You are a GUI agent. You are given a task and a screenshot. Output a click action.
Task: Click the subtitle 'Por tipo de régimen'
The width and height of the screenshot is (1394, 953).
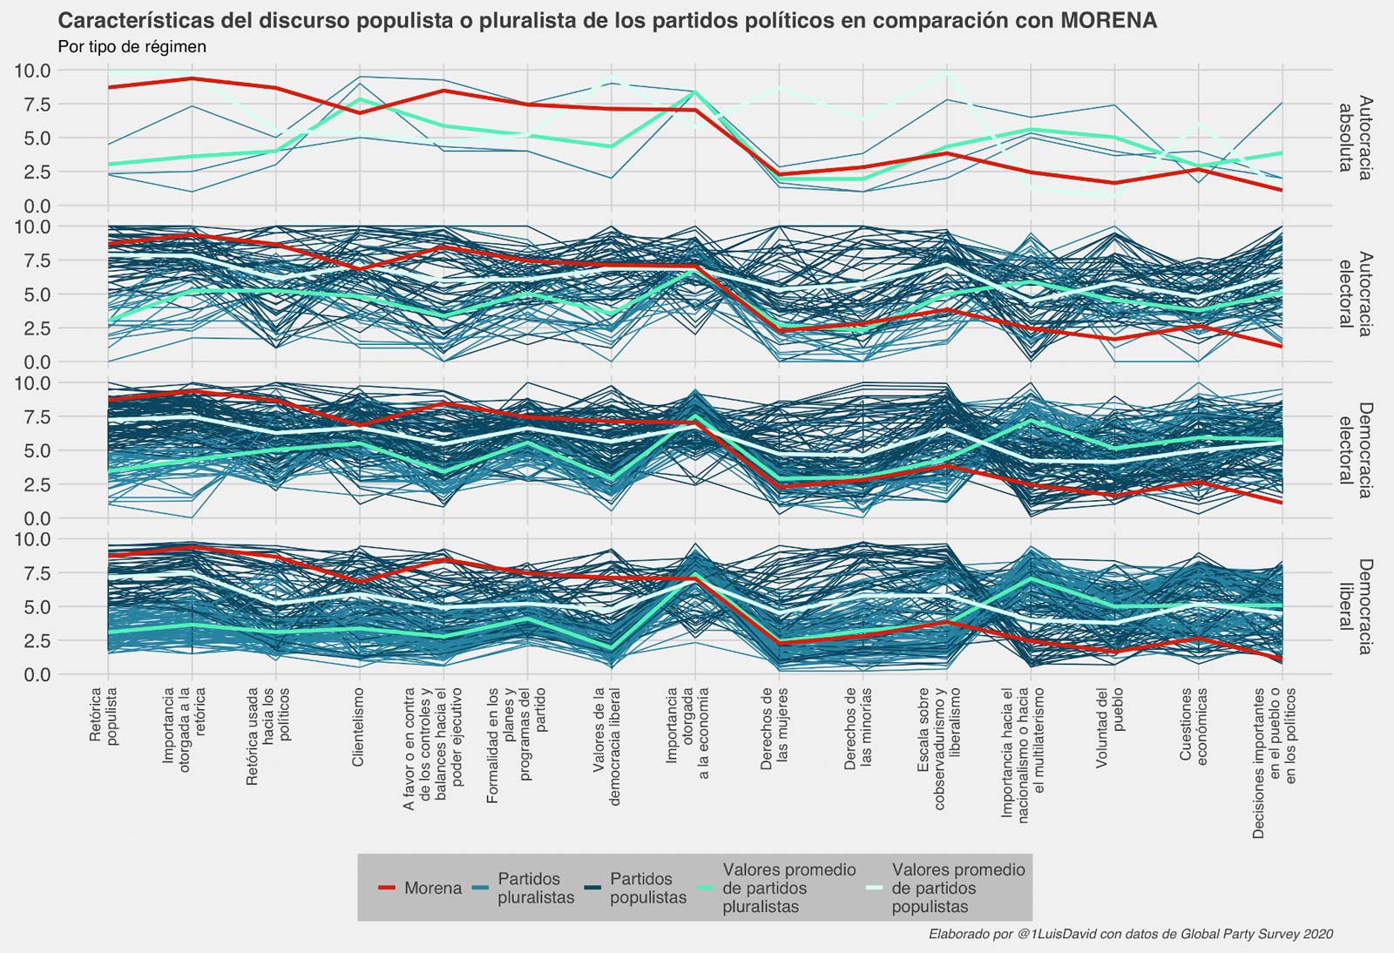point(132,47)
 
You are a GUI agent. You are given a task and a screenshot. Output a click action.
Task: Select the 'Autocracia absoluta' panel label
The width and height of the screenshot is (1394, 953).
point(1355,138)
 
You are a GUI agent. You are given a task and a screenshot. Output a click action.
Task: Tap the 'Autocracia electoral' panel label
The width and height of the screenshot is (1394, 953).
point(1355,294)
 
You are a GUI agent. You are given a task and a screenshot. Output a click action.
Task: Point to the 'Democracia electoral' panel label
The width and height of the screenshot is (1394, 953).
point(1355,450)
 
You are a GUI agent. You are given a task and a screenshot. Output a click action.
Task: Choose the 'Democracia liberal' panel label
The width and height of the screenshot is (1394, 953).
point(1355,606)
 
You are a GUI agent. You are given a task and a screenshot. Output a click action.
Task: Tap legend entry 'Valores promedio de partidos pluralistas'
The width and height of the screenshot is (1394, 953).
point(788,889)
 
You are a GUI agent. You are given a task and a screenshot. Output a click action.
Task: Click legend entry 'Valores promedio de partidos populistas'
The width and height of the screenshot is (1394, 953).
point(958,889)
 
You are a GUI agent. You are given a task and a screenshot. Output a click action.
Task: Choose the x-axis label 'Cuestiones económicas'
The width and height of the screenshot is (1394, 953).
point(1193,727)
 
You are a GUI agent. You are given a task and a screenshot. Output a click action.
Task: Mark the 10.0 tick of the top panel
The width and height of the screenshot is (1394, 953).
point(32,71)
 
